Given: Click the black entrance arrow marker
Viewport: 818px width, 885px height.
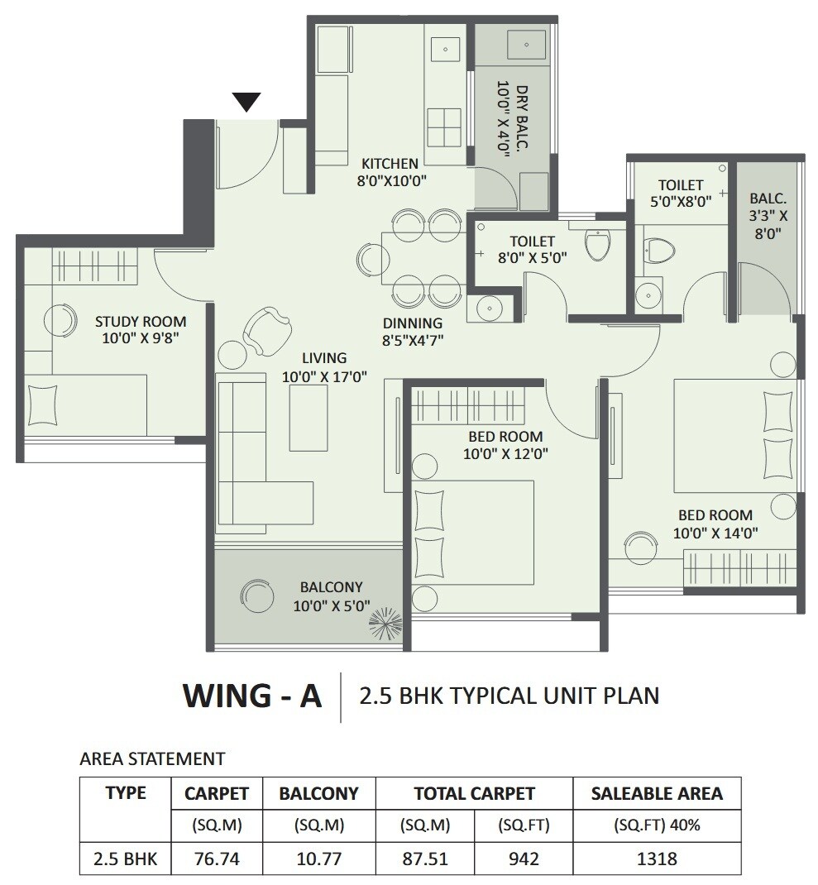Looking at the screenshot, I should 246,102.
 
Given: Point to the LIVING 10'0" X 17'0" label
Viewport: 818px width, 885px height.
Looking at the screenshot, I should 324,366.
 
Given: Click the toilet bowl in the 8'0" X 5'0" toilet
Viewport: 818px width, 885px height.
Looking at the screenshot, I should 596,244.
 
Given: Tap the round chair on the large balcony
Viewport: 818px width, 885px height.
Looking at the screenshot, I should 256,596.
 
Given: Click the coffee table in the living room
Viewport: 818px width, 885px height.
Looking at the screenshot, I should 308,417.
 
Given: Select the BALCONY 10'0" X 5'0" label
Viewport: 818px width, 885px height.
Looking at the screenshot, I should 331,596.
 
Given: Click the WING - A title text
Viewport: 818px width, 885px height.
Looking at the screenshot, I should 251,696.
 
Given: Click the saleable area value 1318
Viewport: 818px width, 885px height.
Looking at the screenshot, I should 657,859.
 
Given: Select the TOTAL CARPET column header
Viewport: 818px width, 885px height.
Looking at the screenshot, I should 474,793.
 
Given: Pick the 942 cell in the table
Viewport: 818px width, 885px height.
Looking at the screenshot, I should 523,859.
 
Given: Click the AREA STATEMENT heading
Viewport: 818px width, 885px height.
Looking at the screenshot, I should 151,758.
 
